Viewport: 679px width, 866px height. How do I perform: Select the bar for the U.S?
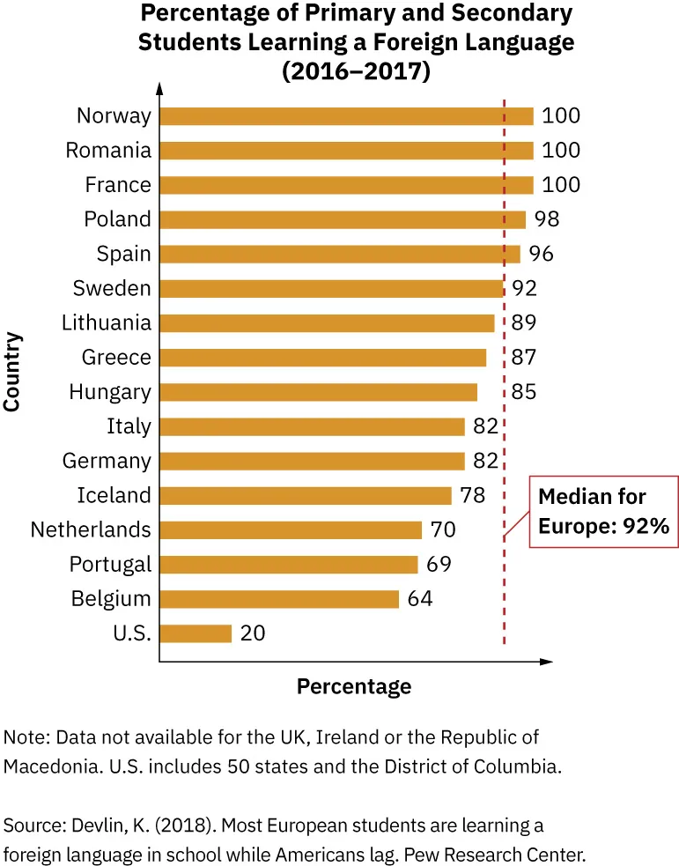tap(196, 633)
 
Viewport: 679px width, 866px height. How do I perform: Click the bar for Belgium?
tap(279, 599)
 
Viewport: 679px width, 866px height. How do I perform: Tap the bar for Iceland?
tap(306, 496)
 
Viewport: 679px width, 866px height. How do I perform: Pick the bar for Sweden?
tap(331, 289)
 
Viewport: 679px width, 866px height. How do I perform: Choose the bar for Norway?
tap(346, 116)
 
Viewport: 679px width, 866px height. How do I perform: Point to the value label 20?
tap(252, 633)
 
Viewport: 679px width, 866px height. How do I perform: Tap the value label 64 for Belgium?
tap(420, 599)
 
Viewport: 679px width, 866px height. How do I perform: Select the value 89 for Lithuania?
tap(523, 323)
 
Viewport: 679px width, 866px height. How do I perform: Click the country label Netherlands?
tap(91, 530)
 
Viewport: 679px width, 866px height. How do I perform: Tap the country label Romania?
tap(108, 151)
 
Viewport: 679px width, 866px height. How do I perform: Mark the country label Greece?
tap(116, 358)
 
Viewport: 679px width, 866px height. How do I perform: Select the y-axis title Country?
tap(12, 371)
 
